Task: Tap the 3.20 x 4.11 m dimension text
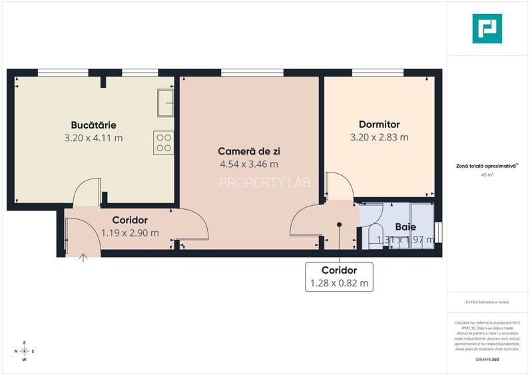(94, 138)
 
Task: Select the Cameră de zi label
(248, 151)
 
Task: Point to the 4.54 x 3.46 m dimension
(248, 164)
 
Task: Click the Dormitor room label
(379, 125)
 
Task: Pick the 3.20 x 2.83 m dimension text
(379, 138)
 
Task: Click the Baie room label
(405, 227)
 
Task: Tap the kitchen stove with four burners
(164, 143)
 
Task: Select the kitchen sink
(165, 103)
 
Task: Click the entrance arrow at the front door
(83, 256)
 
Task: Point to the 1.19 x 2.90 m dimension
(130, 232)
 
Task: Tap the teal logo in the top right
(487, 29)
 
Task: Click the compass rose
(25, 350)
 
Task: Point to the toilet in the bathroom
(375, 234)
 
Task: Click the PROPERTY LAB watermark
(264, 183)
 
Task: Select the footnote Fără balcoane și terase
(488, 302)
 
